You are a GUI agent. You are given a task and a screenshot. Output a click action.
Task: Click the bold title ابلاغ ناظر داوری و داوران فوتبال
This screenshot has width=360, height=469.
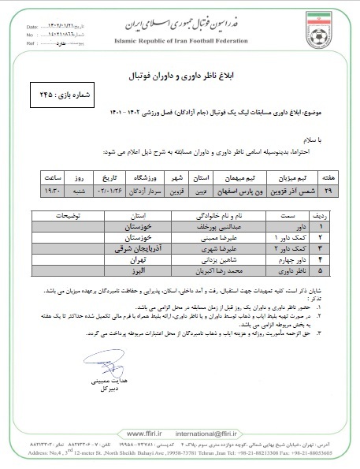coord(180,76)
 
